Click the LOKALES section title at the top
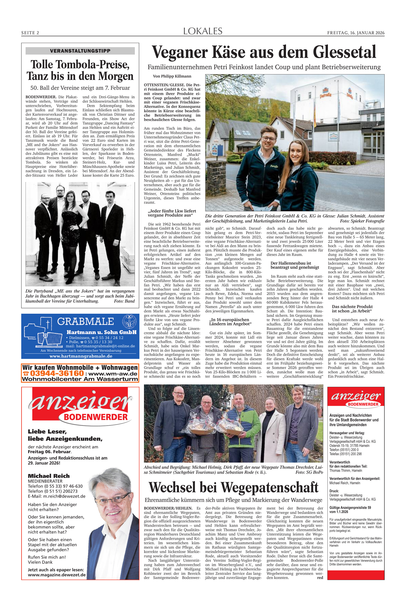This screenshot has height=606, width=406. coord(203,31)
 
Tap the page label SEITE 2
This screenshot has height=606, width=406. coord(30,33)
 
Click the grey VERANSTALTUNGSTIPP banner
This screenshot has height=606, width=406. coord(80,51)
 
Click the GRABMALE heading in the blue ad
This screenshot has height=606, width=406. coord(86,321)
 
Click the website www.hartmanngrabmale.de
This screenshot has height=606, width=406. coord(81,356)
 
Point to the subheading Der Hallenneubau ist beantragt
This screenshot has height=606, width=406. coord(295,265)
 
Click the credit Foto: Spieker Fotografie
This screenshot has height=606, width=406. coord(362,221)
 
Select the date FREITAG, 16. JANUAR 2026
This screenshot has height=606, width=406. coord(356,33)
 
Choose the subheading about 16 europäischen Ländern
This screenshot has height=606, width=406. coord(230,322)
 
